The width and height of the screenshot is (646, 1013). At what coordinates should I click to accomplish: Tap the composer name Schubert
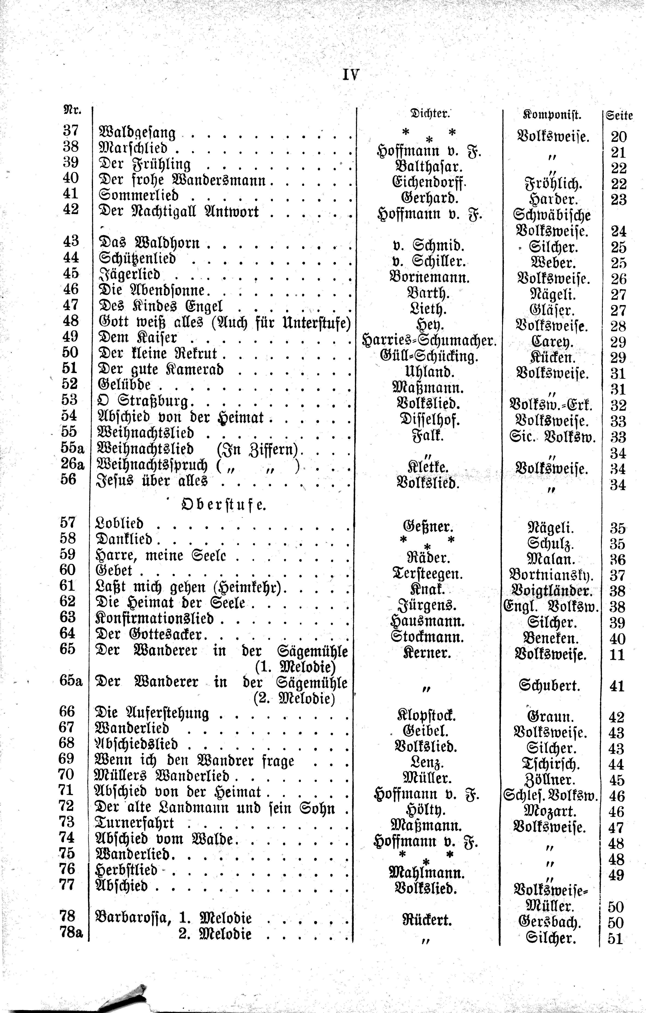pos(550,686)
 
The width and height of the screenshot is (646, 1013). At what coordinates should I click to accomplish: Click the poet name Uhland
pos(428,372)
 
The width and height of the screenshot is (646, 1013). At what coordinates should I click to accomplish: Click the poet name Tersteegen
pos(428,574)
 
